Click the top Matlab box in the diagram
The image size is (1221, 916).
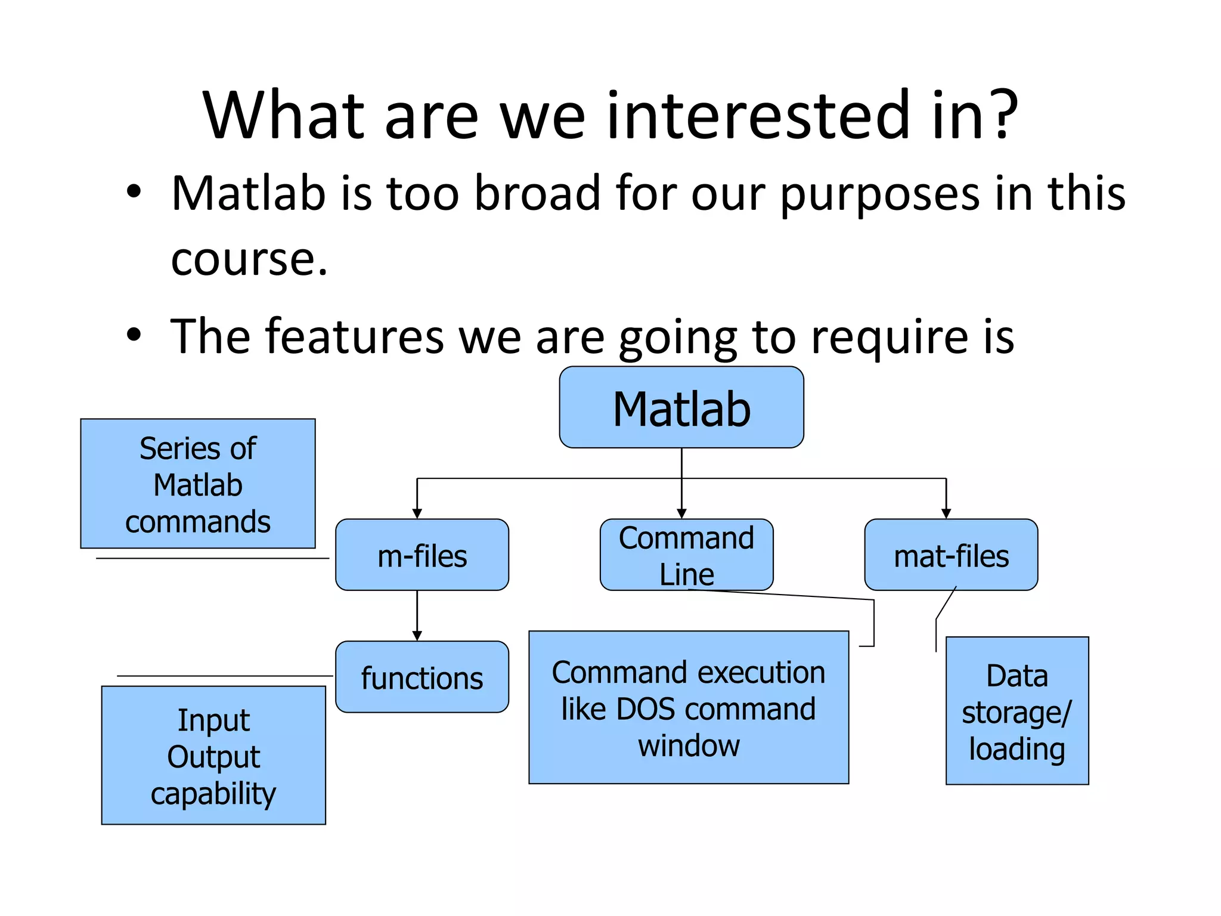coord(681,407)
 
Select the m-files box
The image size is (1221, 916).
coord(422,555)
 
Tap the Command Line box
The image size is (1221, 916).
coord(686,555)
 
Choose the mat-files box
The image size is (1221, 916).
coord(951,555)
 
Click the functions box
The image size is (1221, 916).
coord(422,677)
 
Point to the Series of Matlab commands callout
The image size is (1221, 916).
coord(197,483)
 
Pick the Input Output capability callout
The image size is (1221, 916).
coord(213,755)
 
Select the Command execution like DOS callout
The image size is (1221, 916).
coord(688,707)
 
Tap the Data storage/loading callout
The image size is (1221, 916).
coord(1017,710)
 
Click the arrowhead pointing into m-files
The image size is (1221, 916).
coord(417,513)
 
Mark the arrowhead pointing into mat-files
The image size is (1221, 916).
coord(946,513)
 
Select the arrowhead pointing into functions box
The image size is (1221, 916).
coord(417,636)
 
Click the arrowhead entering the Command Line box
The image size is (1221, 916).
coord(681,513)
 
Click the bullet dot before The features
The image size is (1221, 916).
coord(134,335)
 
